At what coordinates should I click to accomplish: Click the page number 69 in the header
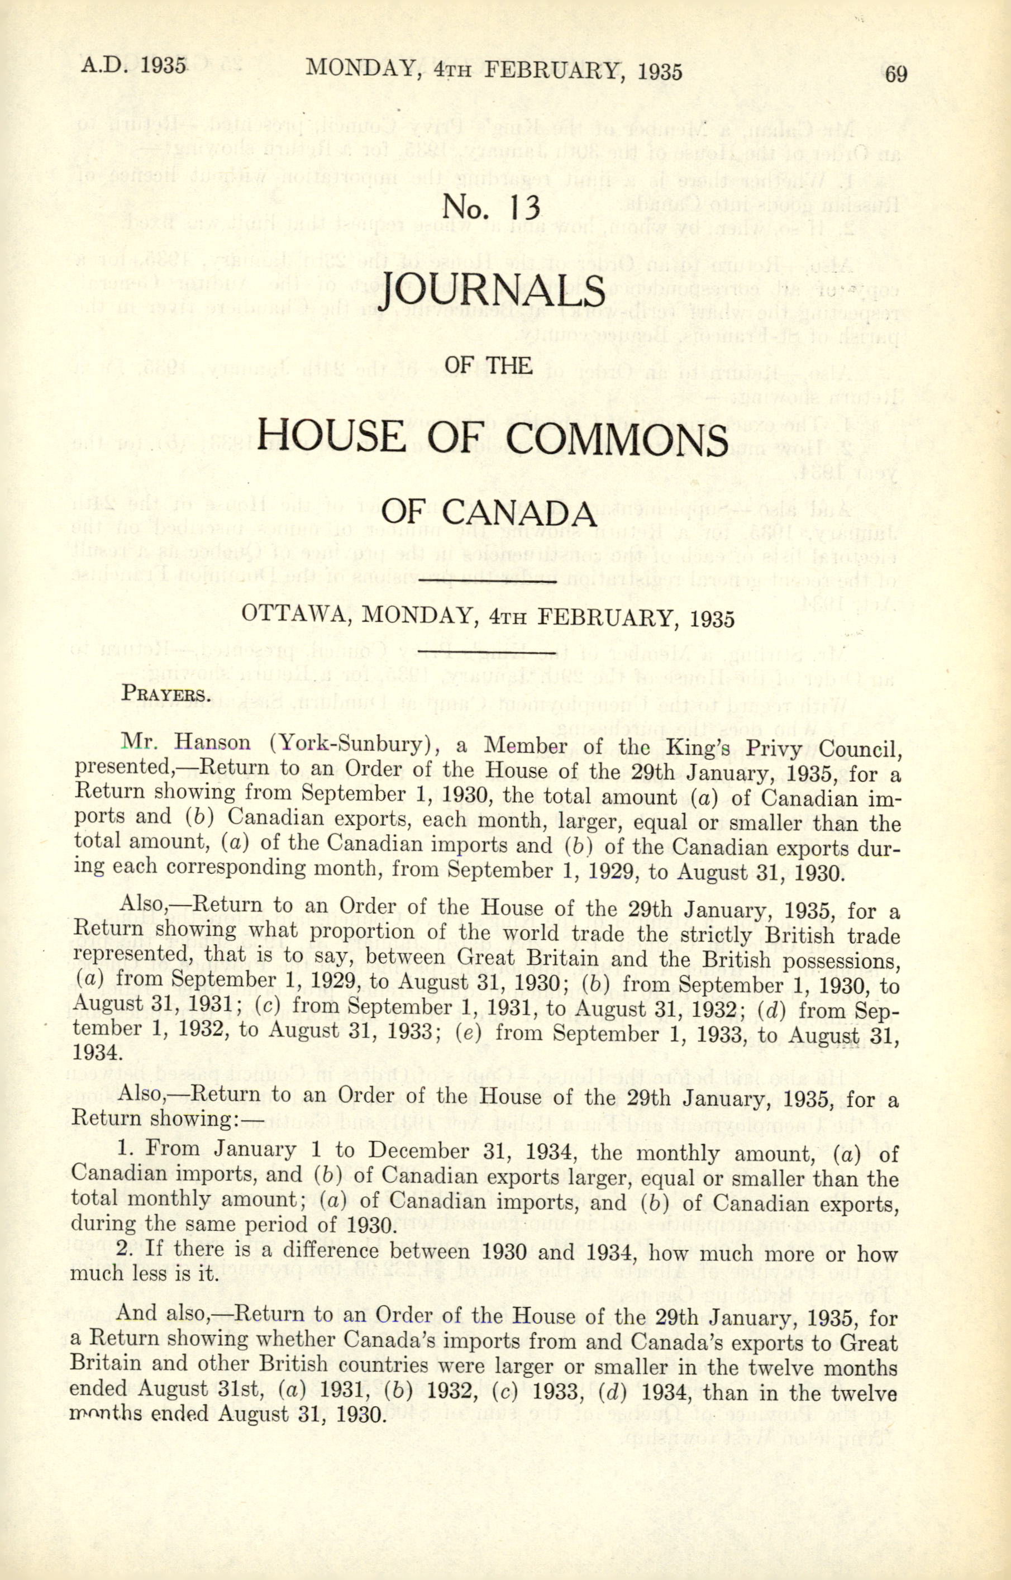coord(895,74)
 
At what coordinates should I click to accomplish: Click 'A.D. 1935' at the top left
coord(134,67)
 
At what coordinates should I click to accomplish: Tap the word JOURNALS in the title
coord(492,289)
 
